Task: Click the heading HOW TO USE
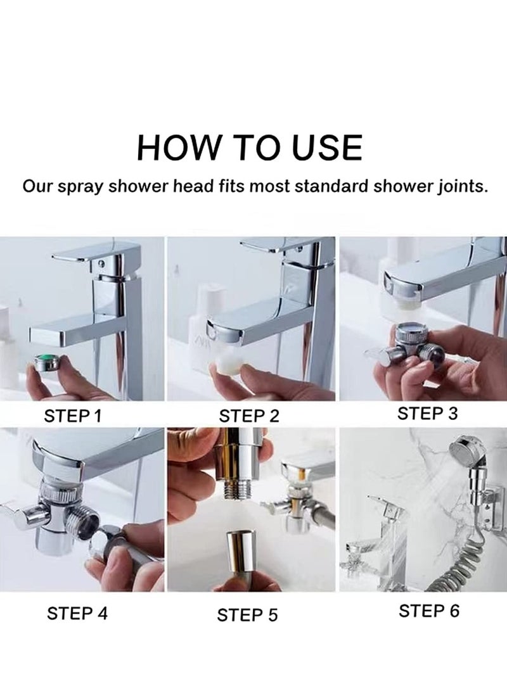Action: coord(250,147)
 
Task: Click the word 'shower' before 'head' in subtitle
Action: coord(144,187)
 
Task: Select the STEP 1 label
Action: coord(73,416)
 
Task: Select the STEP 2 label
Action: coord(248,416)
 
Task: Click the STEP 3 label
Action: coord(427,414)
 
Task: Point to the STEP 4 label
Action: coord(77,613)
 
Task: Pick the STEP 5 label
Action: coord(248,614)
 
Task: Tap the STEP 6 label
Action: coord(428,611)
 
